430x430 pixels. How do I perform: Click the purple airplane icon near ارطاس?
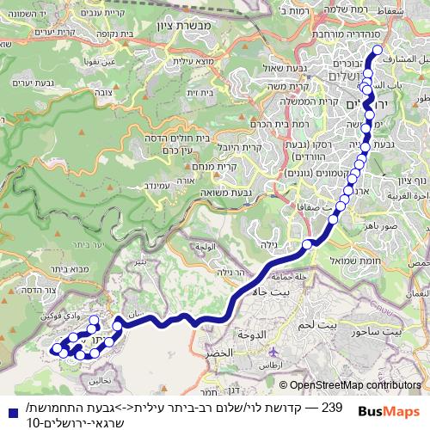coord(273,353)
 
